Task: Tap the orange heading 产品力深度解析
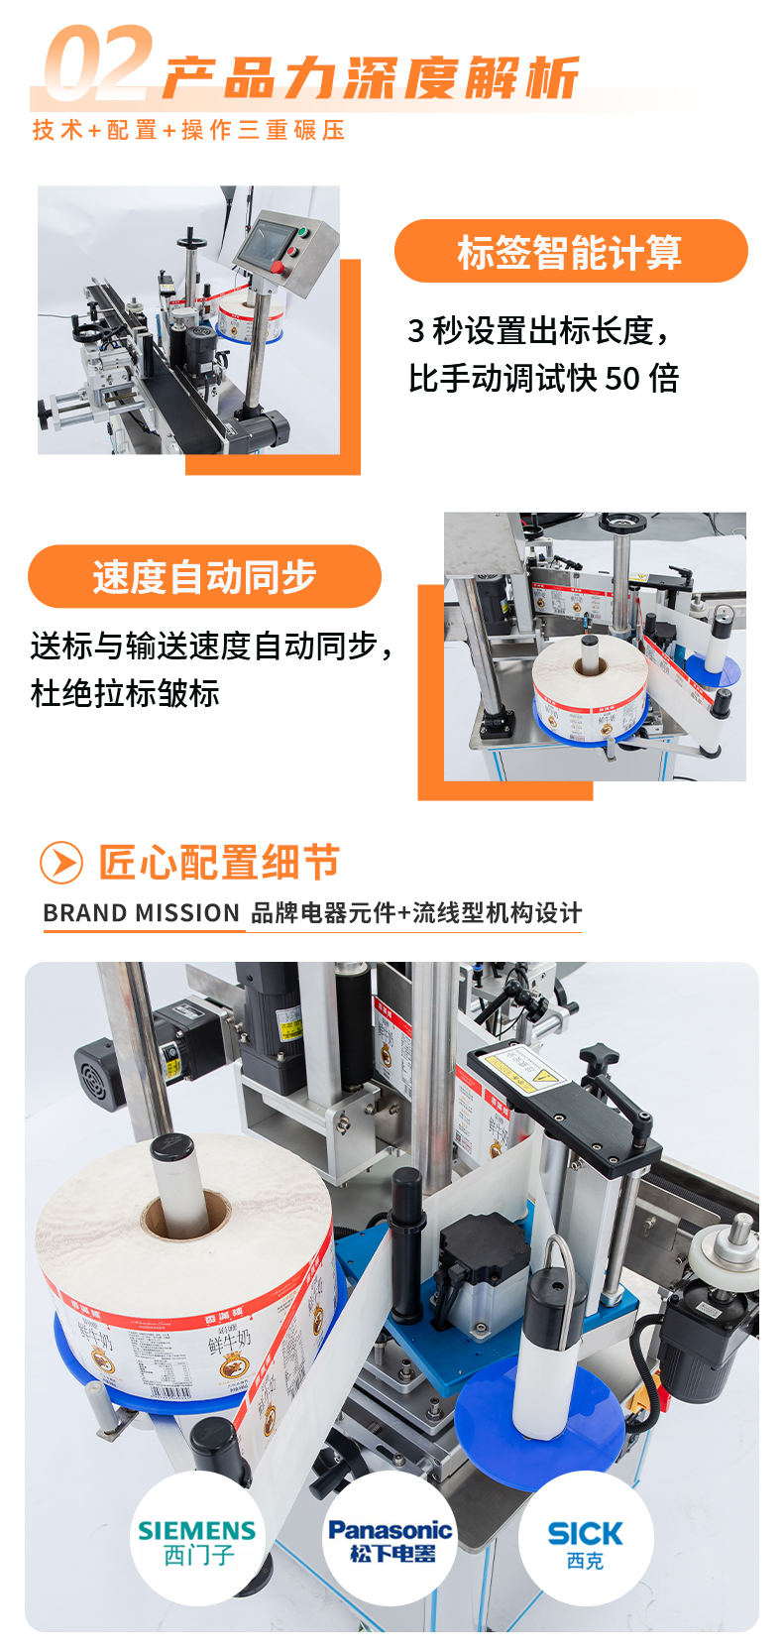point(370,78)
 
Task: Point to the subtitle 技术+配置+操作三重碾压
point(188,130)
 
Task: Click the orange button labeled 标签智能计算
point(570,252)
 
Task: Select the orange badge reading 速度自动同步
point(204,576)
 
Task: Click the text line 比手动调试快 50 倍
point(543,378)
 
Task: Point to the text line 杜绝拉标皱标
point(125,693)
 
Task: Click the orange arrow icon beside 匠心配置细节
point(61,863)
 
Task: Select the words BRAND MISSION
point(142,913)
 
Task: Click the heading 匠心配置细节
point(219,863)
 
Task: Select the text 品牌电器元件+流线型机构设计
point(416,913)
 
